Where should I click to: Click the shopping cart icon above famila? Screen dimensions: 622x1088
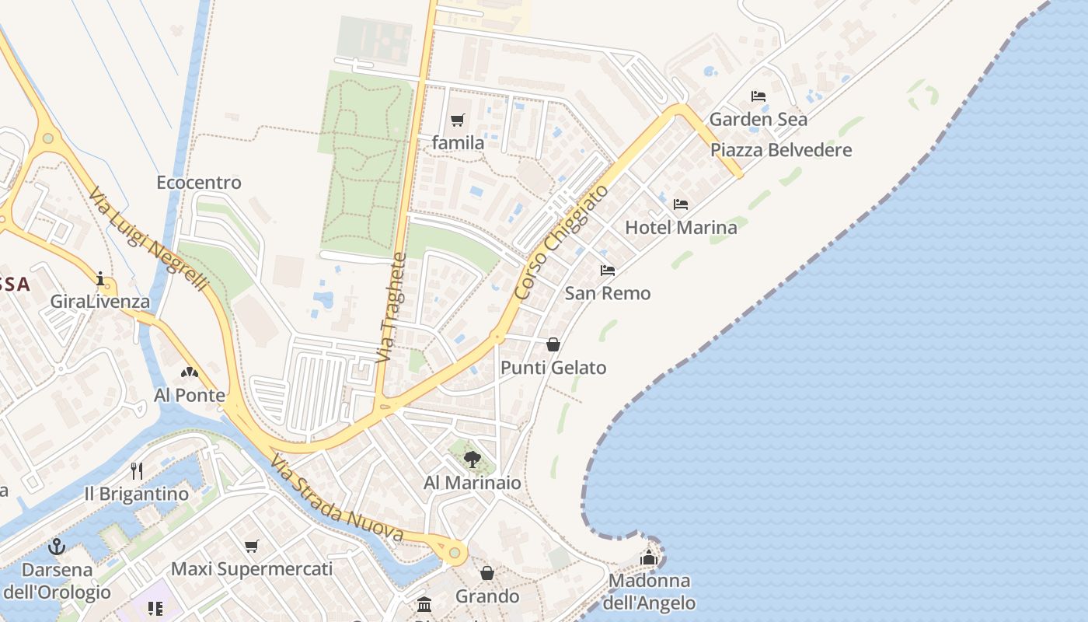(457, 120)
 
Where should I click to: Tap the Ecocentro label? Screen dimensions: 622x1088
(199, 183)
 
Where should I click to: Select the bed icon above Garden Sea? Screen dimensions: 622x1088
(758, 96)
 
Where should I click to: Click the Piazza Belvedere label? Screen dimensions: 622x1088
(781, 150)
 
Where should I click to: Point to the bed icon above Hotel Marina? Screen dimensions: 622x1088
(681, 204)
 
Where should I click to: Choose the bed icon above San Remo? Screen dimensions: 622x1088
(608, 271)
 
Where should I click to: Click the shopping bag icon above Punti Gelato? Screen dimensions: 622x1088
(553, 344)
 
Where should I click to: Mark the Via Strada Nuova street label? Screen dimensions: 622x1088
(337, 499)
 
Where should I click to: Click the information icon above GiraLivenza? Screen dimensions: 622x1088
(100, 278)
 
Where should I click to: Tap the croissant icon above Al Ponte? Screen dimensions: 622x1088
(189, 372)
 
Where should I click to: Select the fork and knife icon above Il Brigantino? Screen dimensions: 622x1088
(137, 471)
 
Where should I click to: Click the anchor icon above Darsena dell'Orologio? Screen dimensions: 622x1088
(56, 547)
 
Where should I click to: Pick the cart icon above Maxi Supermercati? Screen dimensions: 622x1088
(251, 547)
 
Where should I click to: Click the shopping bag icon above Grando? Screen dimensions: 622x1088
(487, 574)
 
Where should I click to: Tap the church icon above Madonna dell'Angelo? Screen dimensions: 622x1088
(649, 557)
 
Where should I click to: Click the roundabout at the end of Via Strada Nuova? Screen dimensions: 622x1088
(455, 553)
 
